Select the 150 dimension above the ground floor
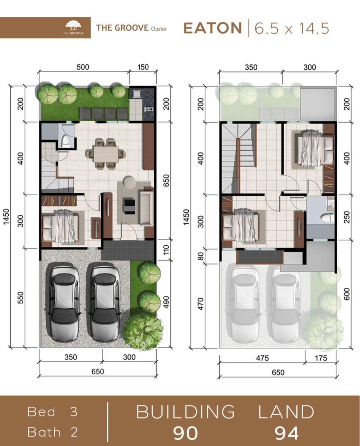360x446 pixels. [143, 67]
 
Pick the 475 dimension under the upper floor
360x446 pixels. [262, 358]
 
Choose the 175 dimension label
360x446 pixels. [321, 358]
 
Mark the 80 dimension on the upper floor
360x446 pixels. [201, 256]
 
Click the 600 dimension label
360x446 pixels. [347, 294]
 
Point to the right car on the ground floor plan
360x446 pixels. [105, 302]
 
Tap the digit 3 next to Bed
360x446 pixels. [73, 412]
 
